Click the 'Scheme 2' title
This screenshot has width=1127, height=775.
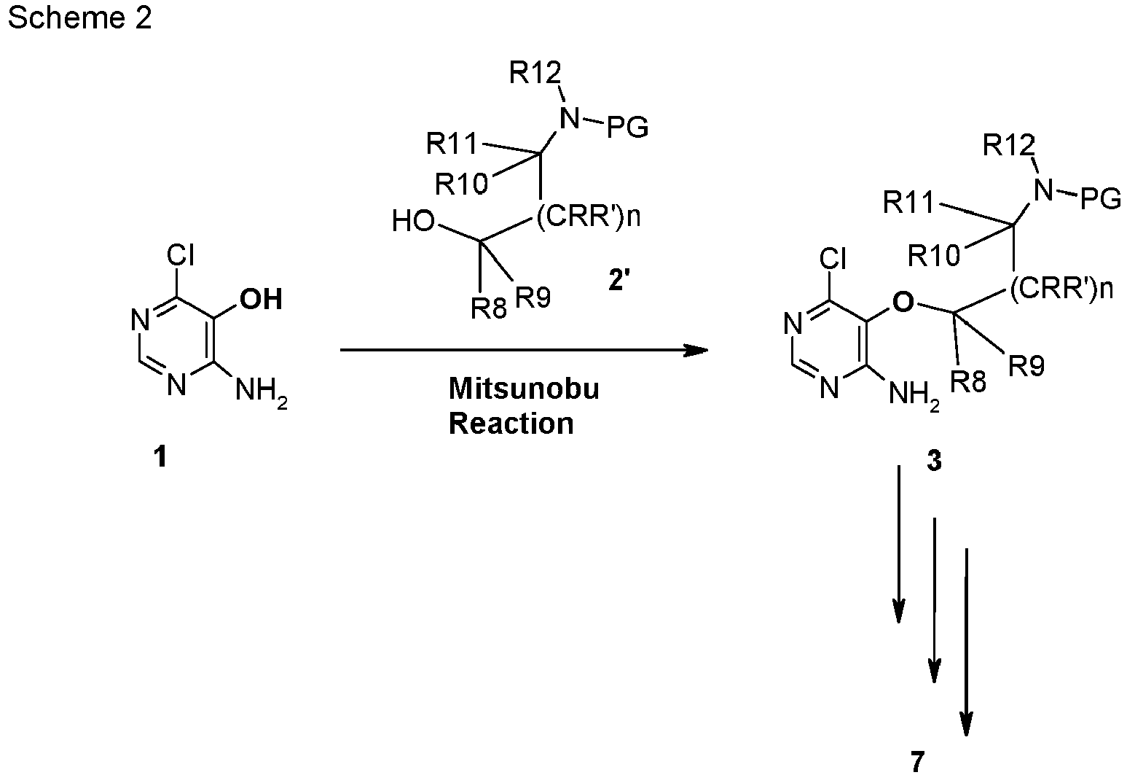(79, 17)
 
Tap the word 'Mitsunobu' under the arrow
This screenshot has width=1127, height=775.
(524, 389)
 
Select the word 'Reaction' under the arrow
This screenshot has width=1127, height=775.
(511, 424)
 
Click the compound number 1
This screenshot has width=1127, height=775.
(160, 457)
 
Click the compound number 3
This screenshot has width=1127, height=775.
(934, 460)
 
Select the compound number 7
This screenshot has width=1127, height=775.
(917, 762)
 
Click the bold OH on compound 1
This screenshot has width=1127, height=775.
(261, 299)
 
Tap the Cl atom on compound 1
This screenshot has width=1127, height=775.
(180, 254)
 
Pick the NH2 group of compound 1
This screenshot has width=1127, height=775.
(261, 392)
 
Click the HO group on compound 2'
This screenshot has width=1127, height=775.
(413, 221)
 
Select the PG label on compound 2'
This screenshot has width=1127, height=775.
(627, 127)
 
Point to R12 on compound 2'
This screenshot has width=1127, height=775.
(535, 74)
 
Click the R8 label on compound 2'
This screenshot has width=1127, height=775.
(489, 308)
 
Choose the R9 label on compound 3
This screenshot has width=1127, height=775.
(1026, 365)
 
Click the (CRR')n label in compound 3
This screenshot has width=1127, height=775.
(1061, 289)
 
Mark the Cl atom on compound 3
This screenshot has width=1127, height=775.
(833, 259)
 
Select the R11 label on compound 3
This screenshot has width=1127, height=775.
(908, 203)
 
